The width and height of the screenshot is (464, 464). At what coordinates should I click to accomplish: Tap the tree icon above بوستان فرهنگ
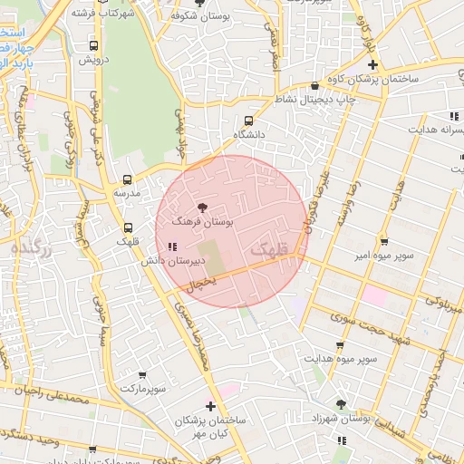201,208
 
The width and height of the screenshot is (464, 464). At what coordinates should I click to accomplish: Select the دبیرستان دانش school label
172,261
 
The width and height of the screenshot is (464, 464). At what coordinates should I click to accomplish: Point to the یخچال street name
200,284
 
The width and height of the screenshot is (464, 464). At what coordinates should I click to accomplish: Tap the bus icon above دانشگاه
248,120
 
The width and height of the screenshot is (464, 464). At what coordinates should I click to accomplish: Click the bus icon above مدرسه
126,179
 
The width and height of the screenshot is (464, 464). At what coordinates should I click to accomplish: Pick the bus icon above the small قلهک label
127,228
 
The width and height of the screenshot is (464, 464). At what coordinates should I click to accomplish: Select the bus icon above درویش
93,45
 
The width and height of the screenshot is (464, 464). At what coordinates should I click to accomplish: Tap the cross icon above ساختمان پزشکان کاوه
372,65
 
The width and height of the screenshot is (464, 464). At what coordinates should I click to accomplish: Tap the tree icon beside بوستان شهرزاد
342,405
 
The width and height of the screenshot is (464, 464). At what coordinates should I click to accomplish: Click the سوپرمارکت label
143,388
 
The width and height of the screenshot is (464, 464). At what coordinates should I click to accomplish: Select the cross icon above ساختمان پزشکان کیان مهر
211,407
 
